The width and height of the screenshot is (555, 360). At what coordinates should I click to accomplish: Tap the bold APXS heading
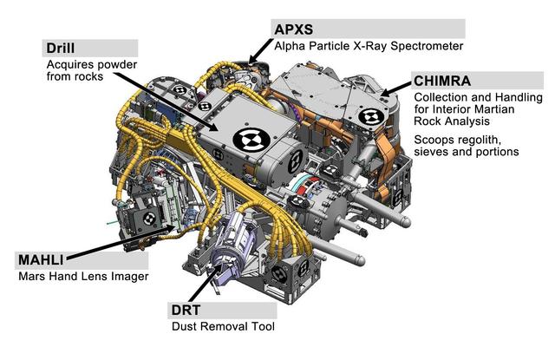[293, 28]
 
